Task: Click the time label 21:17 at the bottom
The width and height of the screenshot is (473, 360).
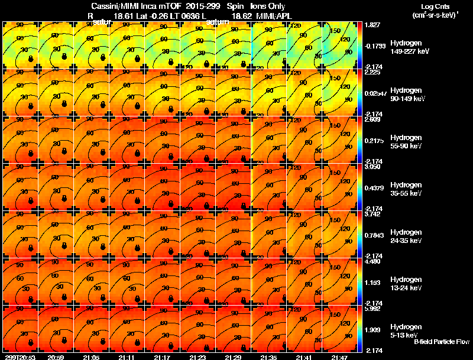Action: coord(163,357)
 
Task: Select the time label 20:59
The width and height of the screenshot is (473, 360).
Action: coord(56,357)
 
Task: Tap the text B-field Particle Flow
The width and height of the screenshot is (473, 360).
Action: coord(441,342)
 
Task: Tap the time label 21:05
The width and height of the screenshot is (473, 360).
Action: coord(92,357)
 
